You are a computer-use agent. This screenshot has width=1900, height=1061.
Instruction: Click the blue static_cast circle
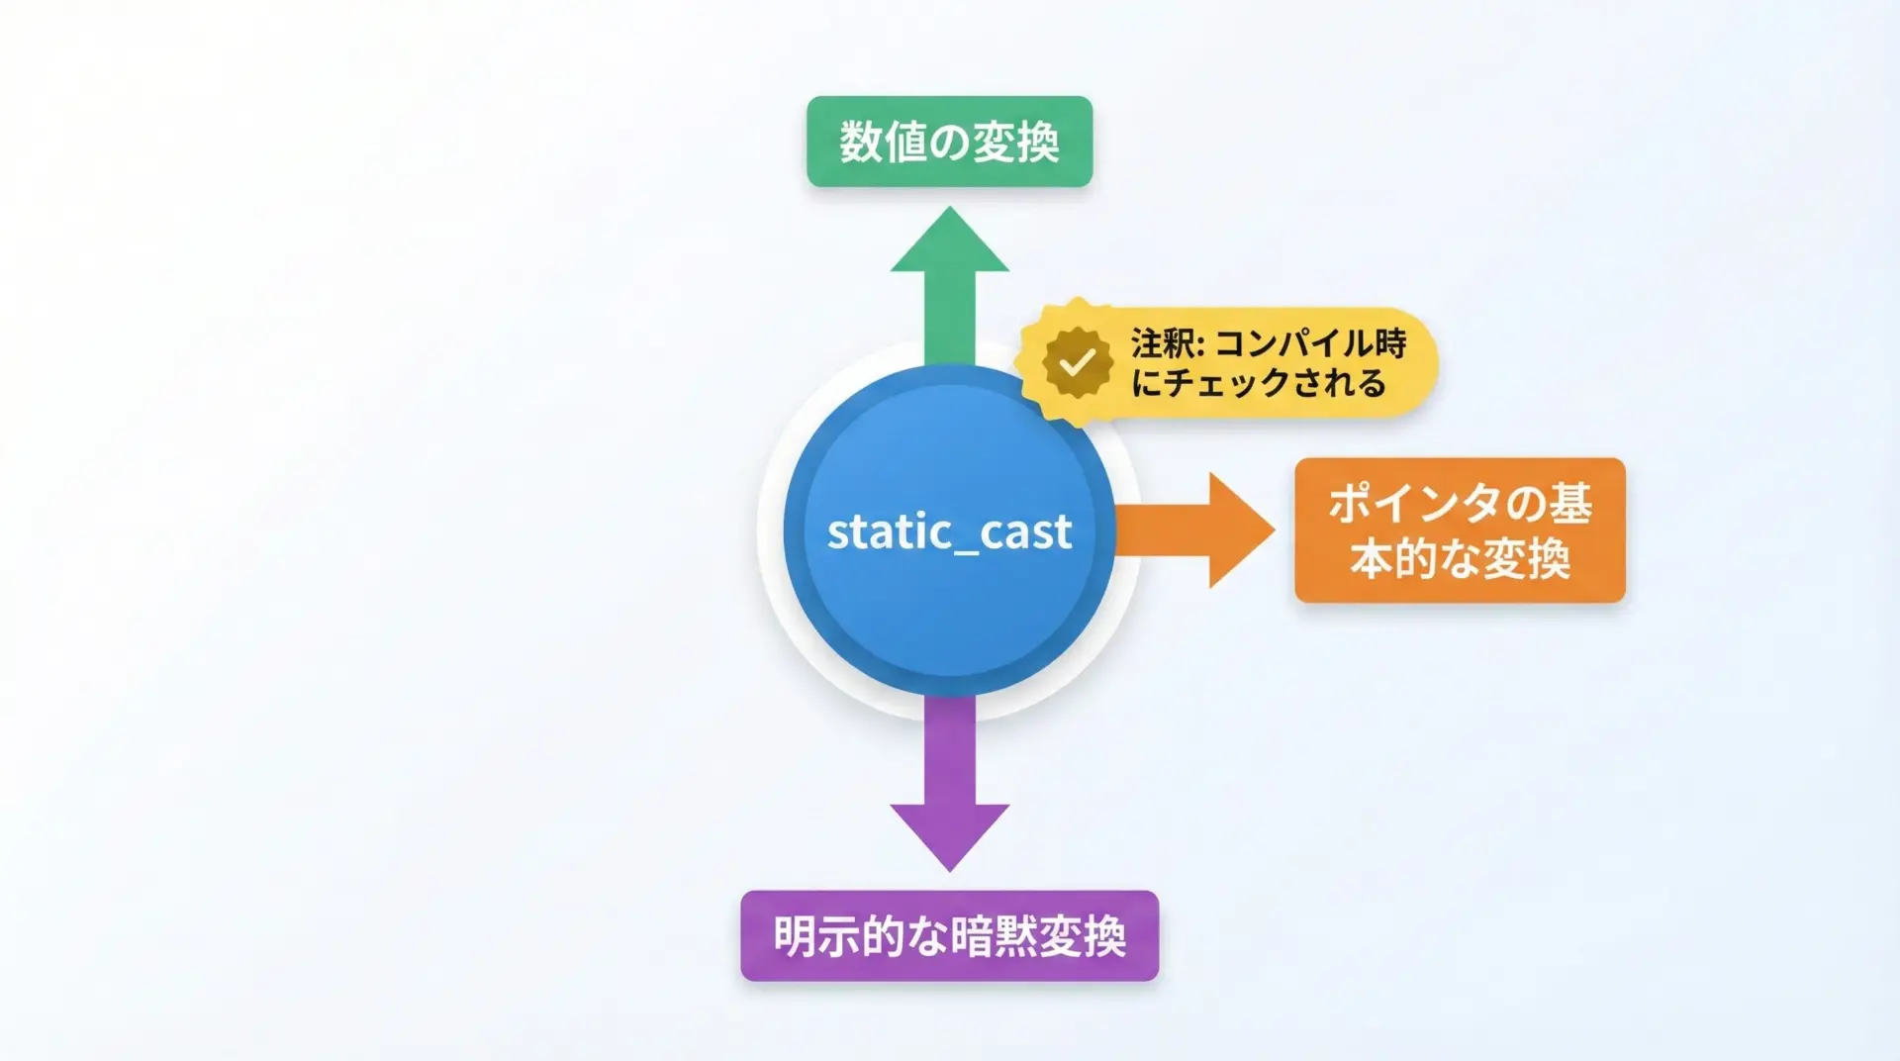[949, 530]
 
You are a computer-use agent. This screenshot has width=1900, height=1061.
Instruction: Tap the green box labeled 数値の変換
[949, 142]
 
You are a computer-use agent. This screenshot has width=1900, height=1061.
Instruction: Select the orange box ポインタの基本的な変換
[1460, 530]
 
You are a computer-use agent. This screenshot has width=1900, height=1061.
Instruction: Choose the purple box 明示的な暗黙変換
[949, 935]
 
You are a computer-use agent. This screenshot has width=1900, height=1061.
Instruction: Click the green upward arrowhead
[949, 239]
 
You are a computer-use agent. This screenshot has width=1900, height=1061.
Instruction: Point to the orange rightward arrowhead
[1242, 530]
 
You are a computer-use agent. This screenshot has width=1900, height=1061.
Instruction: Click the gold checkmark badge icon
[1076, 363]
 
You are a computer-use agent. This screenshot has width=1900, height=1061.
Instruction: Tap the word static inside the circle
[883, 531]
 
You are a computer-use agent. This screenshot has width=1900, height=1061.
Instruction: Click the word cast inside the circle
[1025, 531]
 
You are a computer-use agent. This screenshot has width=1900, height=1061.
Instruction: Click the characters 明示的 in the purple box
[839, 935]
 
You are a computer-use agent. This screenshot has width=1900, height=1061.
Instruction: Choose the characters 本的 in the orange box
[1394, 559]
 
